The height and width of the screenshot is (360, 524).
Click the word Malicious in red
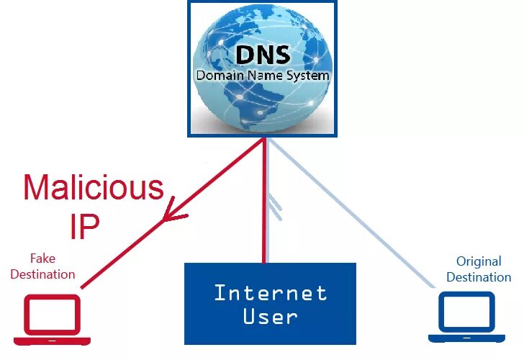(x=94, y=188)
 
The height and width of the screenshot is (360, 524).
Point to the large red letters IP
(x=84, y=226)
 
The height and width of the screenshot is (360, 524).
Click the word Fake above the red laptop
(x=42, y=258)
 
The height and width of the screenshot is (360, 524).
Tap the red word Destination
(x=42, y=274)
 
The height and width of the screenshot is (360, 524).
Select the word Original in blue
(x=479, y=261)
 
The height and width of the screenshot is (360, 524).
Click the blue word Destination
(x=479, y=277)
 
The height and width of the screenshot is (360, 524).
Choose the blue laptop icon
(x=466, y=318)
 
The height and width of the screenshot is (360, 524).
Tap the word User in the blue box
(x=270, y=317)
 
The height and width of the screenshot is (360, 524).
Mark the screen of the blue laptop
(x=466, y=312)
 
